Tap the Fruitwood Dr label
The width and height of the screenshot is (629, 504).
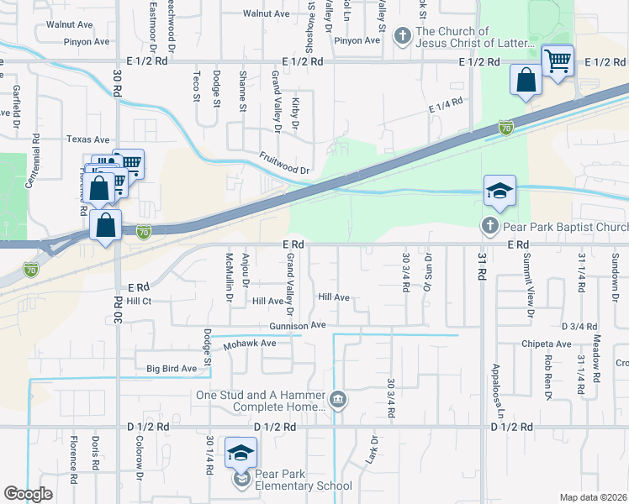click(284, 170)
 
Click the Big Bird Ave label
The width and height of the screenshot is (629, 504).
click(172, 368)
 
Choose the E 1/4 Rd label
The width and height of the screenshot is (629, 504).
click(446, 106)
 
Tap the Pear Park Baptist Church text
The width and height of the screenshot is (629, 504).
click(565, 227)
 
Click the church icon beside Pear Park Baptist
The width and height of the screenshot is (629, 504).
click(490, 226)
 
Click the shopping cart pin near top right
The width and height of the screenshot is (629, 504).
click(557, 60)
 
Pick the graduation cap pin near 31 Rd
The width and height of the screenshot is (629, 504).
click(499, 192)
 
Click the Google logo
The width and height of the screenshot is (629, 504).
click(29, 494)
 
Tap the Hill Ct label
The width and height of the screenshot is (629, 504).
click(140, 301)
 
